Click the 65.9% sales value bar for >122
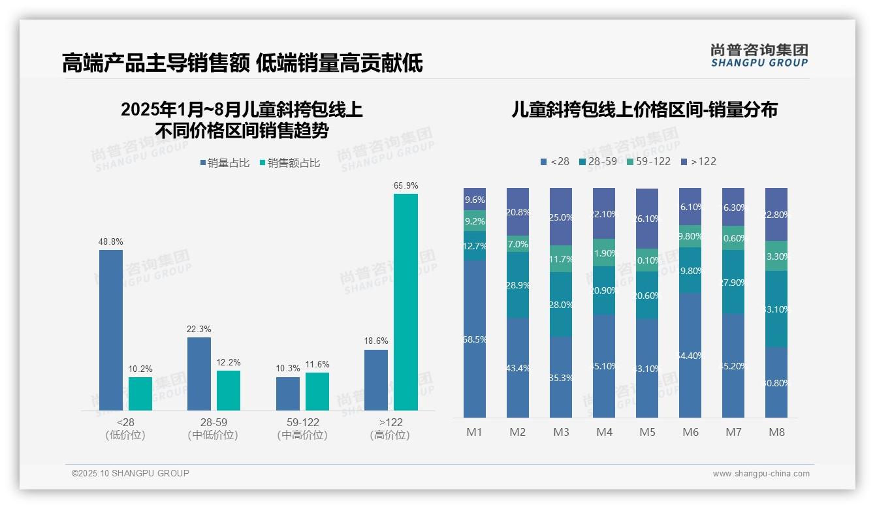(406, 301)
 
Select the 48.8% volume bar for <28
(111, 330)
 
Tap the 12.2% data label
(228, 362)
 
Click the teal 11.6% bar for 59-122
(317, 391)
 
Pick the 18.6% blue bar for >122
(376, 380)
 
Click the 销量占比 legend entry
(225, 163)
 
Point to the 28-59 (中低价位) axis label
(212, 429)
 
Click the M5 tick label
(647, 432)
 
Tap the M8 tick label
(776, 432)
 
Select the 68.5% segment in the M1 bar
(475, 339)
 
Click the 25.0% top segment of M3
(561, 217)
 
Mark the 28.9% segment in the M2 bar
(518, 285)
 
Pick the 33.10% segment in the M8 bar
(776, 309)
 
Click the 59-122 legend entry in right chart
(648, 161)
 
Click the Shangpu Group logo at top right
(759, 55)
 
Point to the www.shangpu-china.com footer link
(761, 474)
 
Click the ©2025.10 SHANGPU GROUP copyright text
(131, 473)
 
